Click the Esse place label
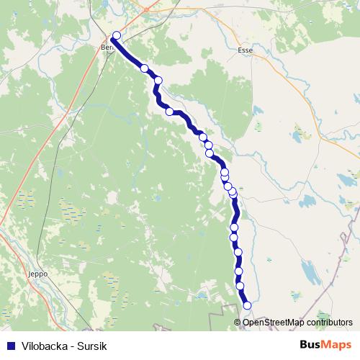246,51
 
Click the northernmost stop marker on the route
117,35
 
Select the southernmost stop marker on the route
248,305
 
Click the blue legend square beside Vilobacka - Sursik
9,346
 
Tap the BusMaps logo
326,346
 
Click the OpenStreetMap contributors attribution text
295,323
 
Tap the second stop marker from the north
145,68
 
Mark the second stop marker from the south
240,286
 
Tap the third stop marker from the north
158,80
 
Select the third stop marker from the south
239,271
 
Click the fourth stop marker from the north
170,112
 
